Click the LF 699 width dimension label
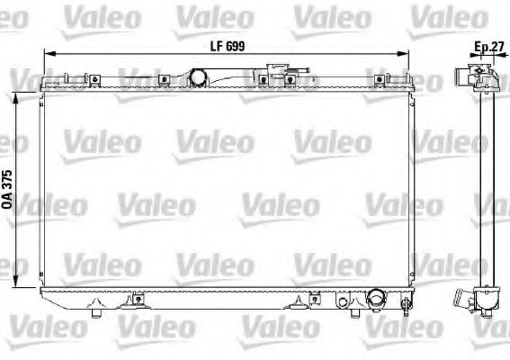tap(228, 45)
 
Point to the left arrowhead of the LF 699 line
tap(48, 56)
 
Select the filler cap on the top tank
tap(274, 72)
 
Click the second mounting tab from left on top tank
tap(164, 81)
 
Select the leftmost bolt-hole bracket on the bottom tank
tap(137, 300)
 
